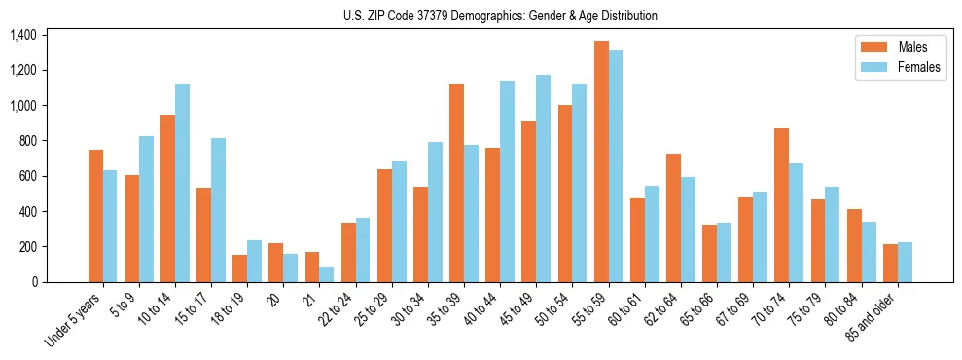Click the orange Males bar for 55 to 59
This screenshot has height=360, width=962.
pos(601,162)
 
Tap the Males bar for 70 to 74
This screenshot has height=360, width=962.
pos(782,205)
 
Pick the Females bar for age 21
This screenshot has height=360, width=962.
pos(327,274)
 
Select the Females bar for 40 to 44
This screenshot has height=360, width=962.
pos(507,181)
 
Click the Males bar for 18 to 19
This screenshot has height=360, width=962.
pos(240,269)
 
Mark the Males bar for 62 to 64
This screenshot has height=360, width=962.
pos(673,218)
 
